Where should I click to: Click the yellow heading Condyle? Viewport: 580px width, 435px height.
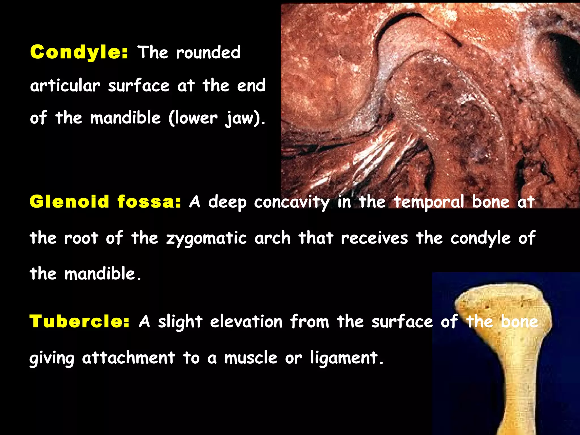(79, 52)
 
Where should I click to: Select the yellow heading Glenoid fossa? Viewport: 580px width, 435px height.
(105, 202)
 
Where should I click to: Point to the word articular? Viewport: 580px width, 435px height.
(65, 86)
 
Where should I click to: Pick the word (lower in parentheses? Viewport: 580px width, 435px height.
(193, 118)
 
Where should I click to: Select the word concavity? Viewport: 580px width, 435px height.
(292, 202)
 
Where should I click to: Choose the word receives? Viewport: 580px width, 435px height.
(374, 238)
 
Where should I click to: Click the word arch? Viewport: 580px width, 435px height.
(272, 238)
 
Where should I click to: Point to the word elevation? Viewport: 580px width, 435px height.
(246, 322)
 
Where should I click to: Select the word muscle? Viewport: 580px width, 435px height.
(251, 358)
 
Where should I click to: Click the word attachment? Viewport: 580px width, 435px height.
(129, 358)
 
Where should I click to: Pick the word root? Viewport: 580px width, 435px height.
(81, 238)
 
